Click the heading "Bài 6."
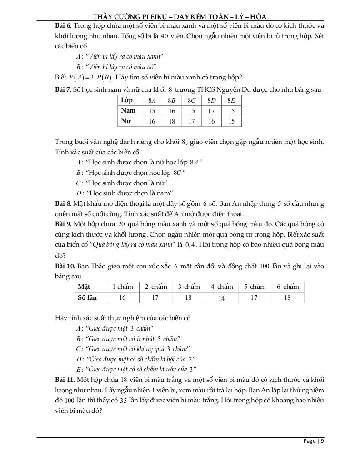coord(63,26)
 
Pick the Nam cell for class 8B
coord(171,111)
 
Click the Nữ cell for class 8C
coord(191,121)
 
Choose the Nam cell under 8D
coord(211,111)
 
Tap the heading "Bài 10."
coord(65,266)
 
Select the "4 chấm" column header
coord(222,287)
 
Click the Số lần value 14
coord(222,298)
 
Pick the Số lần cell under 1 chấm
coord(122,298)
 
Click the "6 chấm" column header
coord(288,287)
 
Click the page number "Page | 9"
coord(314,441)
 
